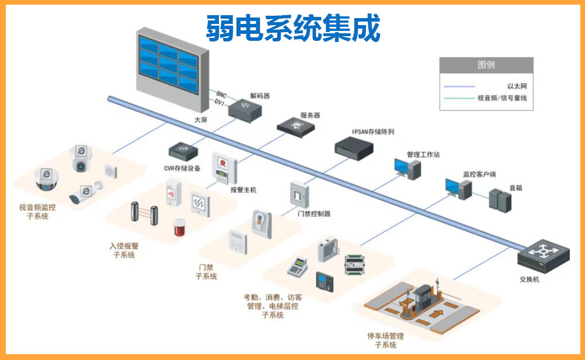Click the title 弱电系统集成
point(292,29)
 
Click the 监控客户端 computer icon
point(458,188)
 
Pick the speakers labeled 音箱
point(500,200)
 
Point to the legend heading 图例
point(486,64)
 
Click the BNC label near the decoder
point(221,94)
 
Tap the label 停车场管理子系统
point(385,340)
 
